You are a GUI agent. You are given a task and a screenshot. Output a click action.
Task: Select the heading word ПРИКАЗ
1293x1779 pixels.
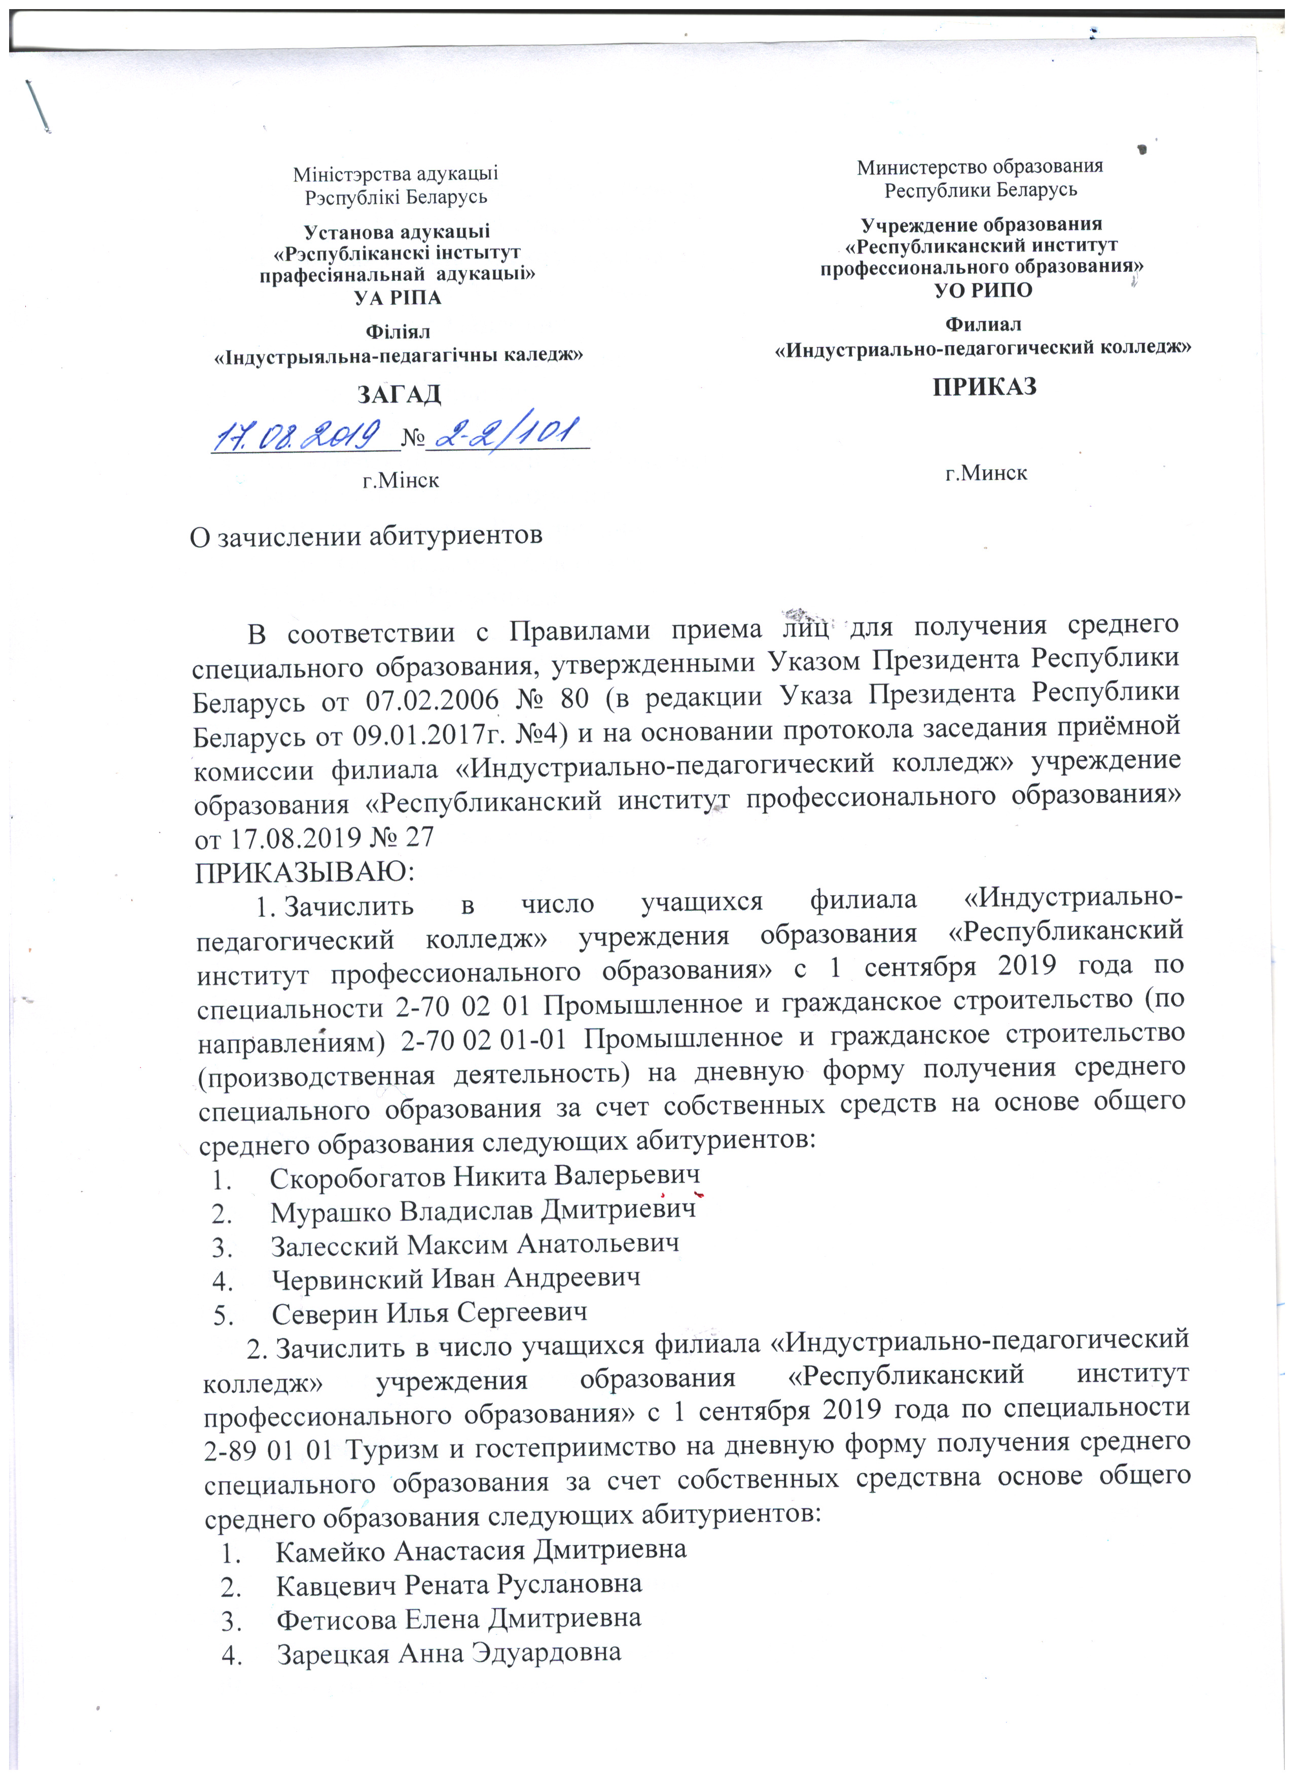[984, 387]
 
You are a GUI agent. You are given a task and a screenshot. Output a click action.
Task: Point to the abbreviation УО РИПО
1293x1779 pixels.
[983, 290]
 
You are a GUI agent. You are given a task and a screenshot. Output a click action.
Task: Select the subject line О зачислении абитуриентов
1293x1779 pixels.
[366, 537]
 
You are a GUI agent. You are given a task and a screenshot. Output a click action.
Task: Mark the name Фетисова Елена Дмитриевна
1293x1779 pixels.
[459, 1619]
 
